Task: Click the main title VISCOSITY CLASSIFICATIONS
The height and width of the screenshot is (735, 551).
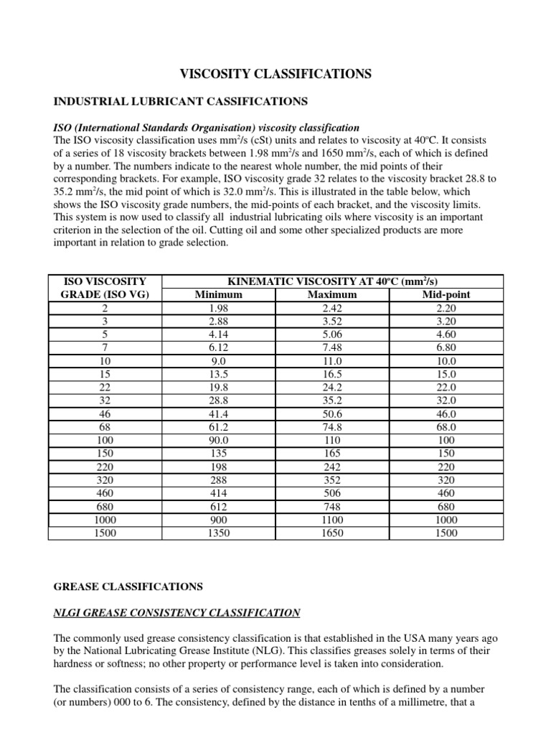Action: pos(275,74)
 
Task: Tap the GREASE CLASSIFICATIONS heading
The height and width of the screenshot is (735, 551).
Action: pos(128,586)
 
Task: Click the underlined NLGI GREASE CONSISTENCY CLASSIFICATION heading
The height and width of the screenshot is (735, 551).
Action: pos(177,613)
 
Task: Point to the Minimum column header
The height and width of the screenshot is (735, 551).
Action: pos(219,294)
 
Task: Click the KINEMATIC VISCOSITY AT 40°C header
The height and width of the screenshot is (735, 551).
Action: pos(333,281)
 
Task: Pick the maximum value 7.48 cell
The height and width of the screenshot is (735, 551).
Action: pos(332,347)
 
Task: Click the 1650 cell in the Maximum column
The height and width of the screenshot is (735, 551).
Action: pos(332,533)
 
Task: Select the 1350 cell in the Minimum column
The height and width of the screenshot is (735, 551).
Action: pos(219,533)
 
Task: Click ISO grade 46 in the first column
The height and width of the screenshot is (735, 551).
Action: pos(105,413)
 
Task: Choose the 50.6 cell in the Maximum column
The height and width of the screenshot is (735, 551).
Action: pos(332,413)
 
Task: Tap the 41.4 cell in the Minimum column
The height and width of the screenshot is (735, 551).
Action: pos(219,413)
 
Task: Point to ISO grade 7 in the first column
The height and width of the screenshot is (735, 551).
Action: pos(105,347)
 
